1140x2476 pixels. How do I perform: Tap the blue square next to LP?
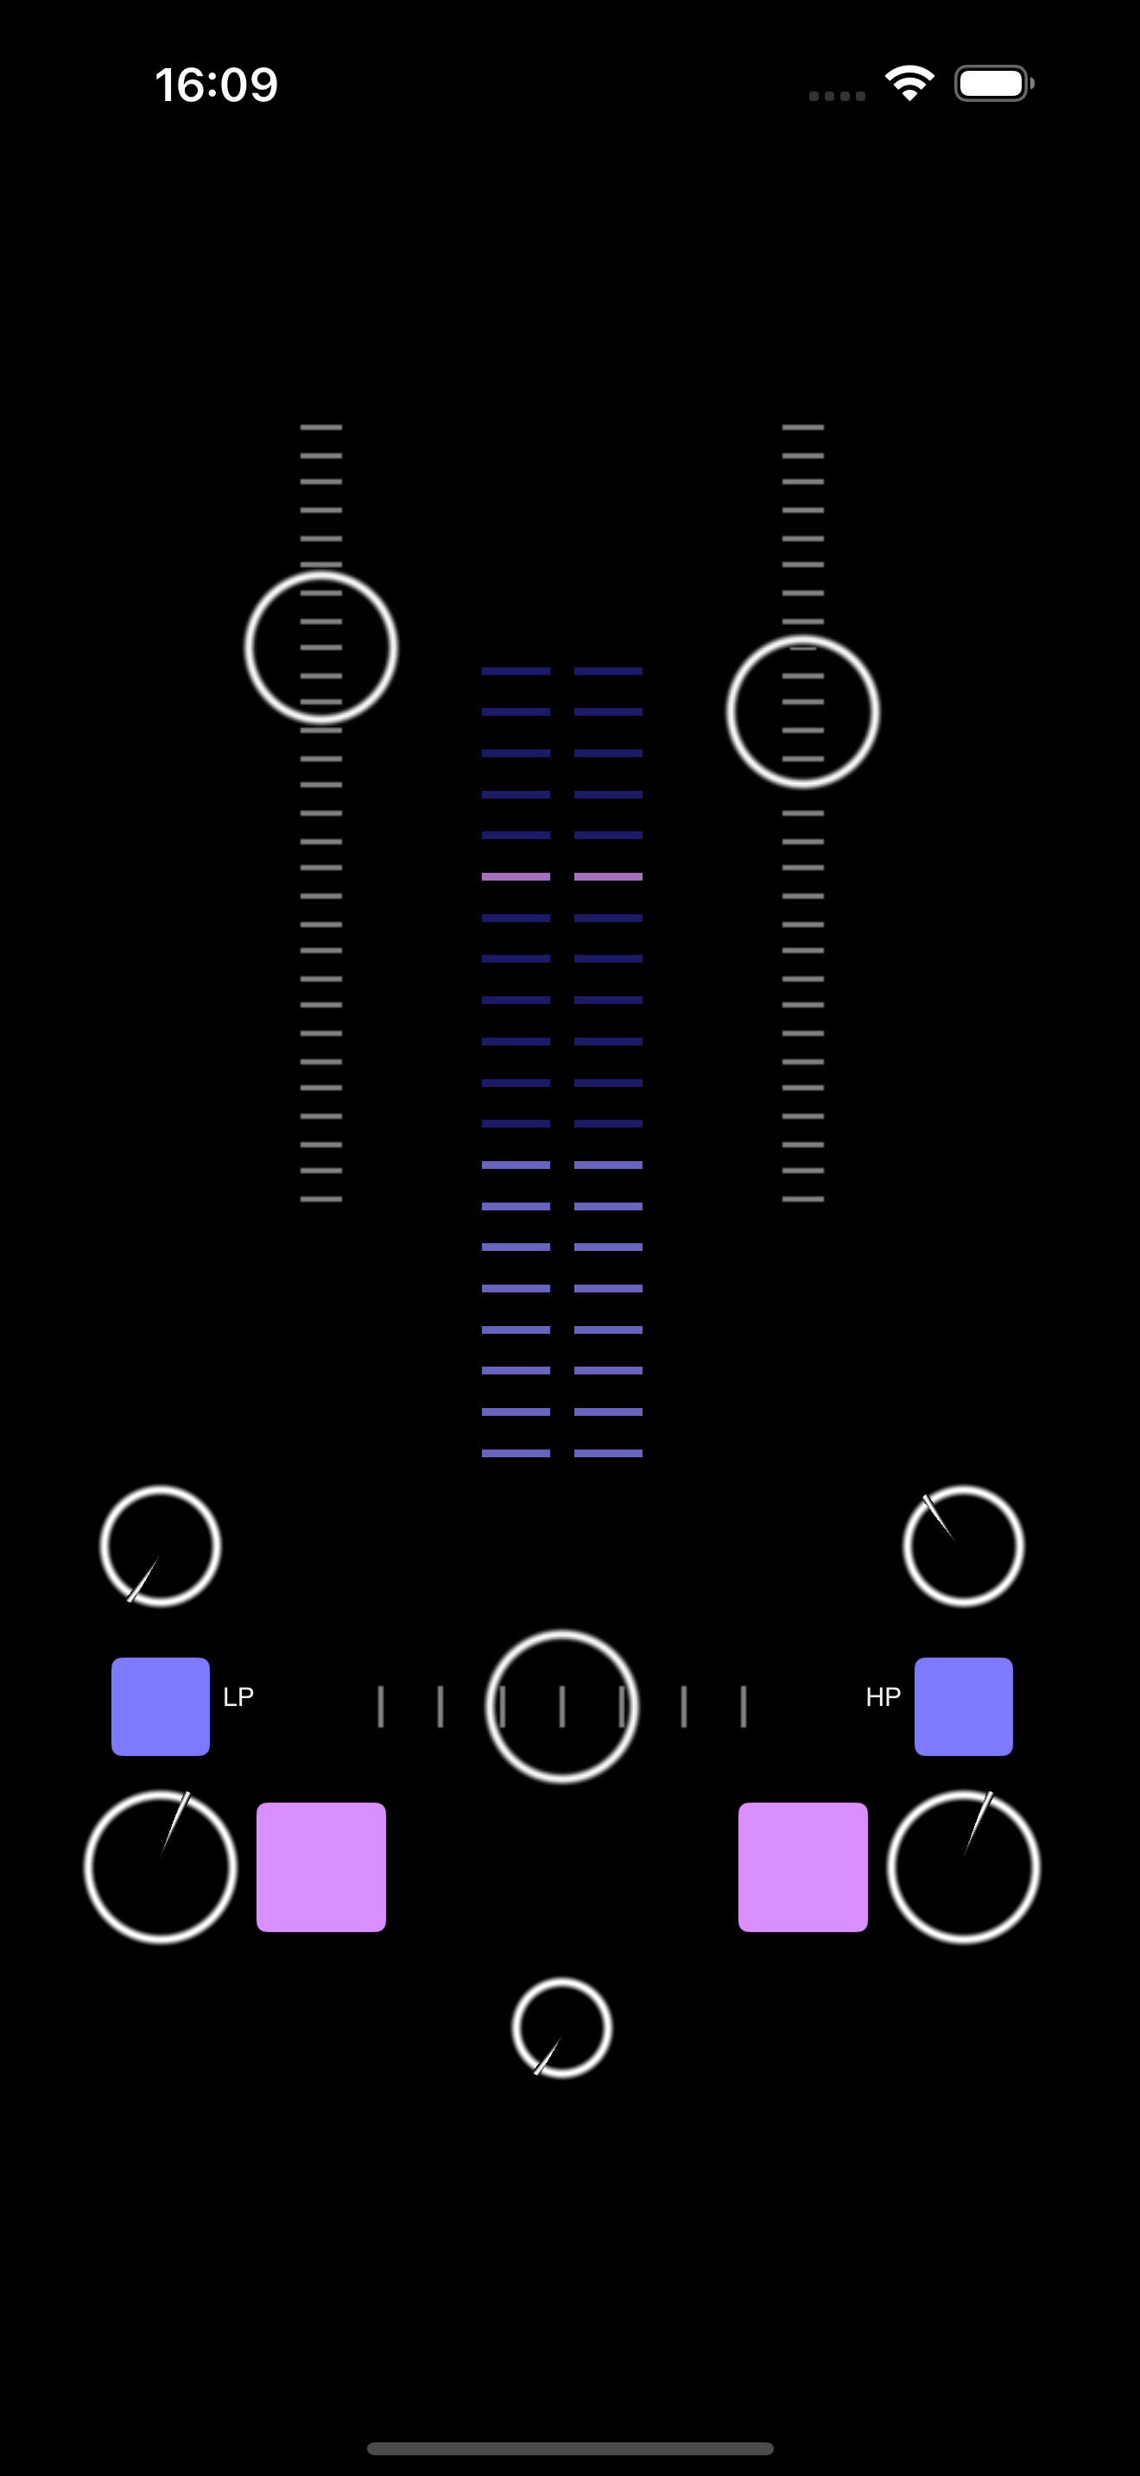pyautogui.click(x=161, y=1706)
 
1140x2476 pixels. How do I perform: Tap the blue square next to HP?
pyautogui.click(x=963, y=1706)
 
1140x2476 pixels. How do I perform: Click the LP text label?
pyautogui.click(x=238, y=1696)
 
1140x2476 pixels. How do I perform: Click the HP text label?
pyautogui.click(x=883, y=1696)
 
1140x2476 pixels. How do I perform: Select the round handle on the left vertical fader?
pyautogui.click(x=321, y=647)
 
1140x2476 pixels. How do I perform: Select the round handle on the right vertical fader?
pyautogui.click(x=802, y=712)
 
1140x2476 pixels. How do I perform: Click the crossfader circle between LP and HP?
pyautogui.click(x=561, y=1706)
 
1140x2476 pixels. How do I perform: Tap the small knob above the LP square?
pyautogui.click(x=161, y=1545)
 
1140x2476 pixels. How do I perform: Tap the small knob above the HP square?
pyautogui.click(x=963, y=1545)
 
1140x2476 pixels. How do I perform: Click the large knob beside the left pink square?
pyautogui.click(x=161, y=1866)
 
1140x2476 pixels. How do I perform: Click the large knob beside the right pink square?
pyautogui.click(x=963, y=1866)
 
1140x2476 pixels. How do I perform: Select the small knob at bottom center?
pyautogui.click(x=561, y=2027)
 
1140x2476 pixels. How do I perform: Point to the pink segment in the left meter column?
pyautogui.click(x=516, y=876)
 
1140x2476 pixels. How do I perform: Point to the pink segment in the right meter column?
pyautogui.click(x=607, y=876)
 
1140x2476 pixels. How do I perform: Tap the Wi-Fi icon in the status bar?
pyautogui.click(x=909, y=84)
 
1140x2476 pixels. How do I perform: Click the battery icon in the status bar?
pyautogui.click(x=993, y=84)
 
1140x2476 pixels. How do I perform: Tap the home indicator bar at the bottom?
pyautogui.click(x=570, y=2448)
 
